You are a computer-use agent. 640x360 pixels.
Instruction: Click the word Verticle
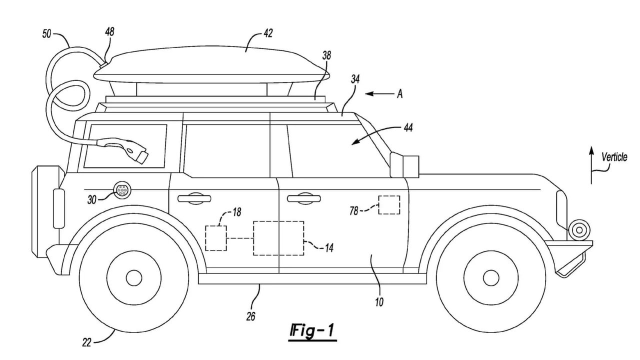[614, 157]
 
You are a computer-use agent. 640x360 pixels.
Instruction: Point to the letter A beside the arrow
[399, 93]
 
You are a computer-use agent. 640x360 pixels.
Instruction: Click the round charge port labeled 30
[122, 190]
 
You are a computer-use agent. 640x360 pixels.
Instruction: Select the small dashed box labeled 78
[388, 205]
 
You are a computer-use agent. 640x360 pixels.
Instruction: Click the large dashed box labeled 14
[278, 238]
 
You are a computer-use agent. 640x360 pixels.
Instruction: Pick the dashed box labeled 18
[216, 237]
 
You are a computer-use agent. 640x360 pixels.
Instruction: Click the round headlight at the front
[578, 230]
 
